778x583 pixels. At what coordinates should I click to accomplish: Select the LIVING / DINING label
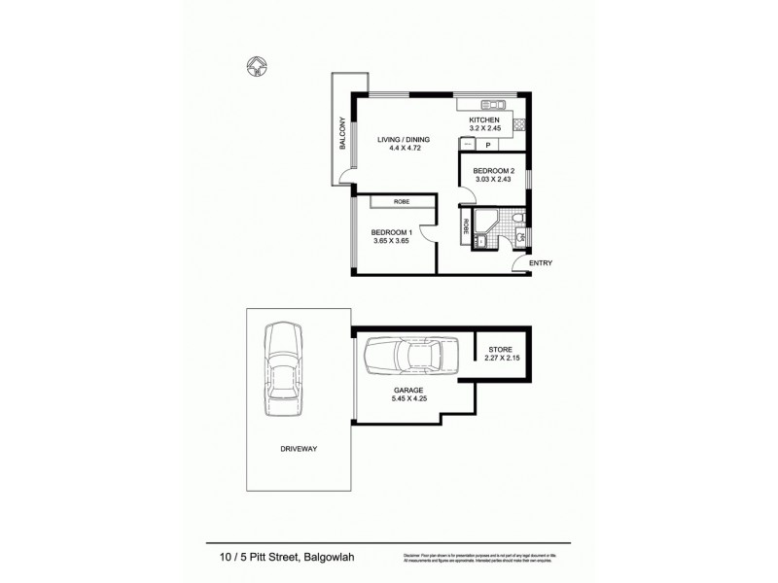[x=404, y=139]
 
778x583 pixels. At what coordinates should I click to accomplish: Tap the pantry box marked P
[x=487, y=145]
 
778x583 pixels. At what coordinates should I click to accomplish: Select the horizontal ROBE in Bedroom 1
[x=401, y=201]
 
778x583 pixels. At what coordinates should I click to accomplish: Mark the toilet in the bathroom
[x=519, y=217]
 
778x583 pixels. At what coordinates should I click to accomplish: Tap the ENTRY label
[x=541, y=263]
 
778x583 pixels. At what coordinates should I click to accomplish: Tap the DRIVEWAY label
[x=298, y=449]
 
